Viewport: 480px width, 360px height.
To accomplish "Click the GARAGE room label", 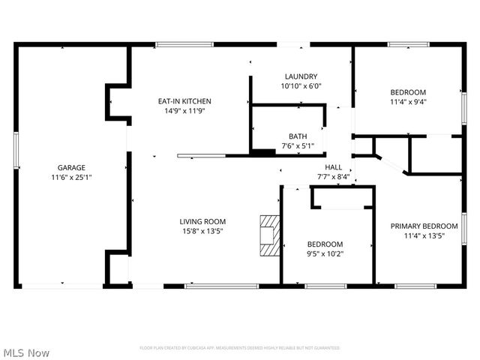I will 72,167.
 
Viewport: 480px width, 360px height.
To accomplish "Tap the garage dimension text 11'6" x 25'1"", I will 72,177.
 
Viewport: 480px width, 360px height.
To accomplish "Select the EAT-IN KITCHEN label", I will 184,101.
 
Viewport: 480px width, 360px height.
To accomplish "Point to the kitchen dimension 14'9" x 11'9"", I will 184,111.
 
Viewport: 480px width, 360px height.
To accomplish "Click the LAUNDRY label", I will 301,76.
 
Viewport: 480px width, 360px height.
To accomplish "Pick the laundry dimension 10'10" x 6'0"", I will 301,86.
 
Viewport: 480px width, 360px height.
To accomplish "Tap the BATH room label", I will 298,136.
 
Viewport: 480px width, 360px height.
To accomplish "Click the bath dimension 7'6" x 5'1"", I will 298,146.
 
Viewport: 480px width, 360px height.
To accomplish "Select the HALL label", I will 334,167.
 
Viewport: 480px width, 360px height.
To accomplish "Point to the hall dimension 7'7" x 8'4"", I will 334,177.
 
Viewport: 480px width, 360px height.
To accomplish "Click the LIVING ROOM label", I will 202,221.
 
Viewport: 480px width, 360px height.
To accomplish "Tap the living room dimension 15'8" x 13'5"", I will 202,231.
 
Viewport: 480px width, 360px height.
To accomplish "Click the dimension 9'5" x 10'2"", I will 325,253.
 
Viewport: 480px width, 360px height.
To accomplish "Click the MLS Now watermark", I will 26,352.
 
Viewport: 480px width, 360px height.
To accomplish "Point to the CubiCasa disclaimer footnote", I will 240,348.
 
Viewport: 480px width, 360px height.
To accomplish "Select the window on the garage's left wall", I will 16,153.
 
